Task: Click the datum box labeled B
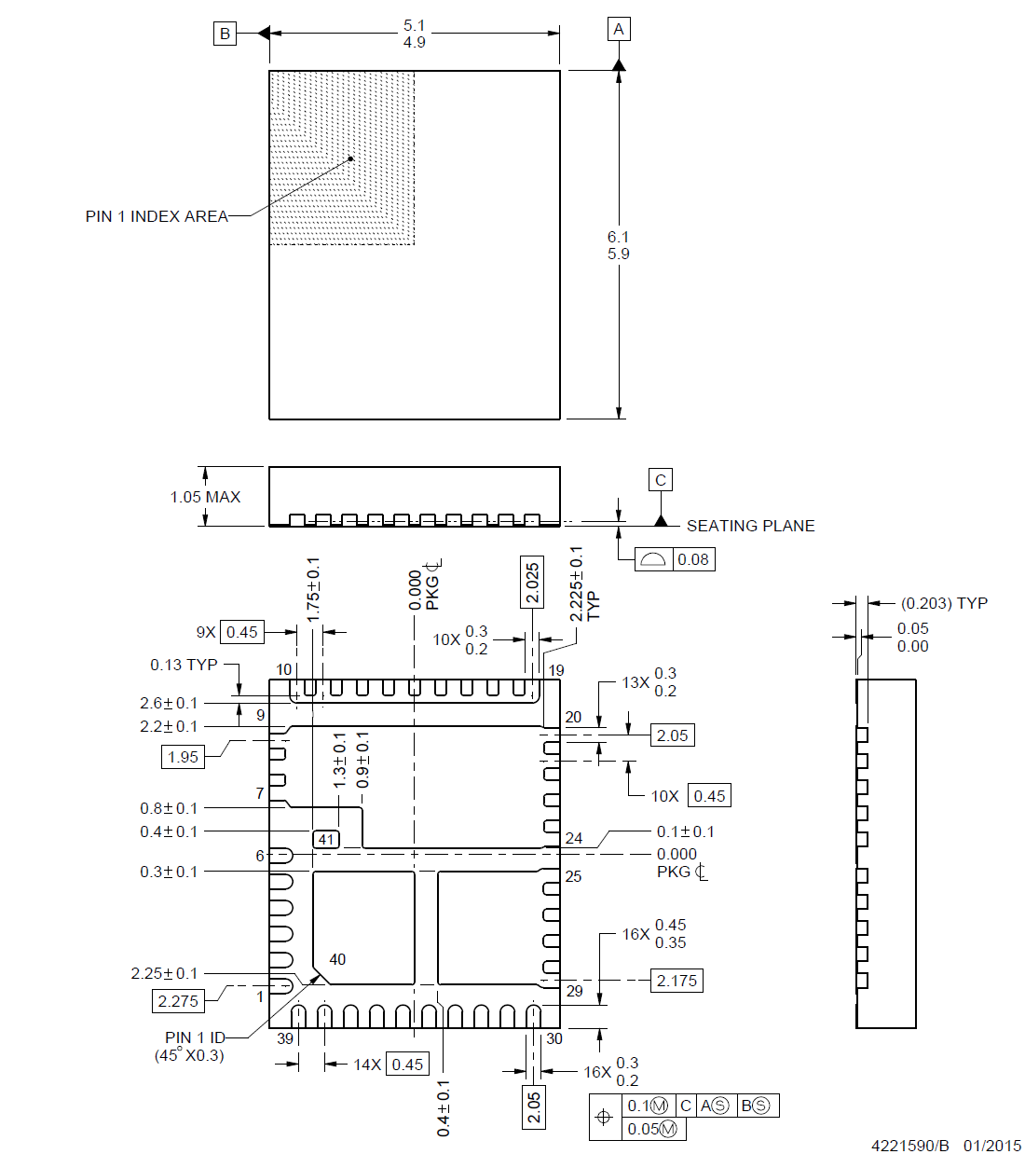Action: click(x=225, y=34)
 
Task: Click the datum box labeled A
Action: click(x=619, y=29)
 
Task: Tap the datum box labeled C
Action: click(x=661, y=480)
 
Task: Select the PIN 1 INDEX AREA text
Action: click(x=157, y=216)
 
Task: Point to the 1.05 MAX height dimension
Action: click(x=205, y=497)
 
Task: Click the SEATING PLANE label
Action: click(x=750, y=526)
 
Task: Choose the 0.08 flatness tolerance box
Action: click(x=692, y=559)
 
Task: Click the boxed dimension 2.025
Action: click(x=532, y=583)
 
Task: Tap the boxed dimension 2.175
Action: click(x=676, y=981)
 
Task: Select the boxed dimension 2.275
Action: click(x=178, y=1001)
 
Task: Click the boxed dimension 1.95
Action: click(x=183, y=757)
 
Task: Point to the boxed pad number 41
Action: click(x=326, y=839)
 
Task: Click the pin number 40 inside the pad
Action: click(x=337, y=959)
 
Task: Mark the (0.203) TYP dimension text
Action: click(x=944, y=603)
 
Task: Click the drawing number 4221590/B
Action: click(x=909, y=1146)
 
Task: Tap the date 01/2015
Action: click(x=992, y=1146)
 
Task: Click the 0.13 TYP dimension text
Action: click(x=184, y=665)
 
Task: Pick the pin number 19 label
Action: click(x=556, y=670)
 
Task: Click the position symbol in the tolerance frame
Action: click(x=604, y=1117)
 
